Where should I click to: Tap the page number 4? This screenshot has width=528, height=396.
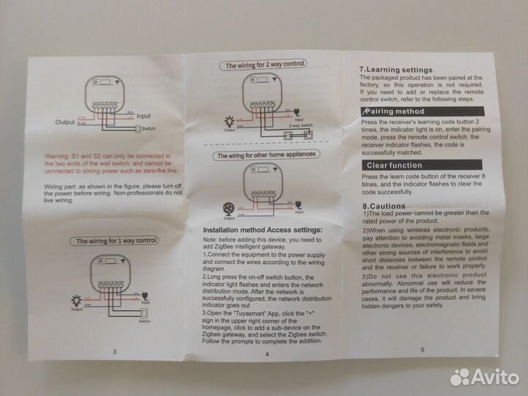267,354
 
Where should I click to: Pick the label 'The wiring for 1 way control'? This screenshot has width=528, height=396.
117,240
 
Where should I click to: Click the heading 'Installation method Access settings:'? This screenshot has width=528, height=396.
265,230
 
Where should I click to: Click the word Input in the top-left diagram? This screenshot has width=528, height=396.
144,116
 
